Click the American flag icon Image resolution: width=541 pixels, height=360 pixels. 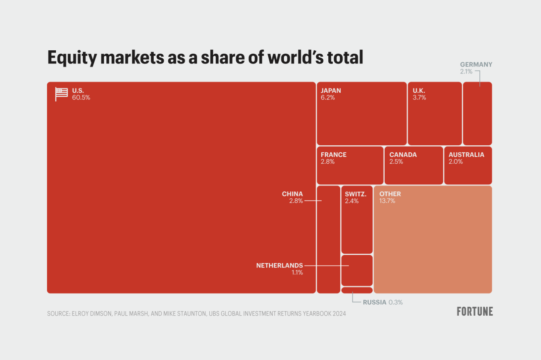(61, 93)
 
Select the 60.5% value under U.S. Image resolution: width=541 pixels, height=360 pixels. (81, 98)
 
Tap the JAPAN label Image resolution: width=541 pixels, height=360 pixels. (331, 90)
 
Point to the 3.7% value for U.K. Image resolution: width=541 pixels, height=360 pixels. (419, 98)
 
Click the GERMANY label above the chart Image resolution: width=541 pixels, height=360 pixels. (476, 65)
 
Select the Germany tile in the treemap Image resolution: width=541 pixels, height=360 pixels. (477, 116)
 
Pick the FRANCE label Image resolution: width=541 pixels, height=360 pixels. (333, 155)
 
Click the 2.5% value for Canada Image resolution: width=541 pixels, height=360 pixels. (396, 162)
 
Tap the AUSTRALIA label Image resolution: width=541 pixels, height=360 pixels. (466, 155)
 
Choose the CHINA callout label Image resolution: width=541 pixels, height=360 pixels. (292, 194)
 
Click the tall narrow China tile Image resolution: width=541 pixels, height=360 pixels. (328, 240)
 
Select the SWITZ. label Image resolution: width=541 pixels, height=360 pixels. (355, 194)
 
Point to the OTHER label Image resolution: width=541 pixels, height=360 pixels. (390, 194)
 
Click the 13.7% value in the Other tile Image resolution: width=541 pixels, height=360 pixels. (387, 201)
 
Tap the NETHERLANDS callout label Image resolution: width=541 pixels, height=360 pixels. (279, 265)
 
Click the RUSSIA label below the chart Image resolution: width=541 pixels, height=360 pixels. (374, 302)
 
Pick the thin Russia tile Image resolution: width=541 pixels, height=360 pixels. (357, 290)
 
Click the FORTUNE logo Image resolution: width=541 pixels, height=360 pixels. (475, 312)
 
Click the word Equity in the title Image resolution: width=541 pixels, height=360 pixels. (72, 58)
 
